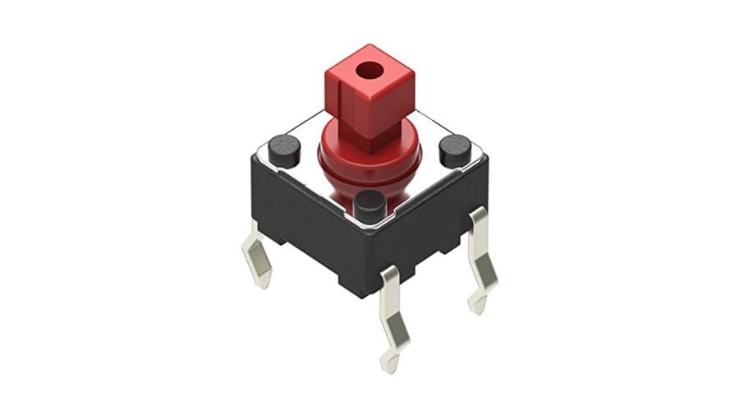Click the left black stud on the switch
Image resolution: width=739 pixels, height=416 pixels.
pos(284,149)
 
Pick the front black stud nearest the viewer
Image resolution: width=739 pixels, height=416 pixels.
pos(370,203)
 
